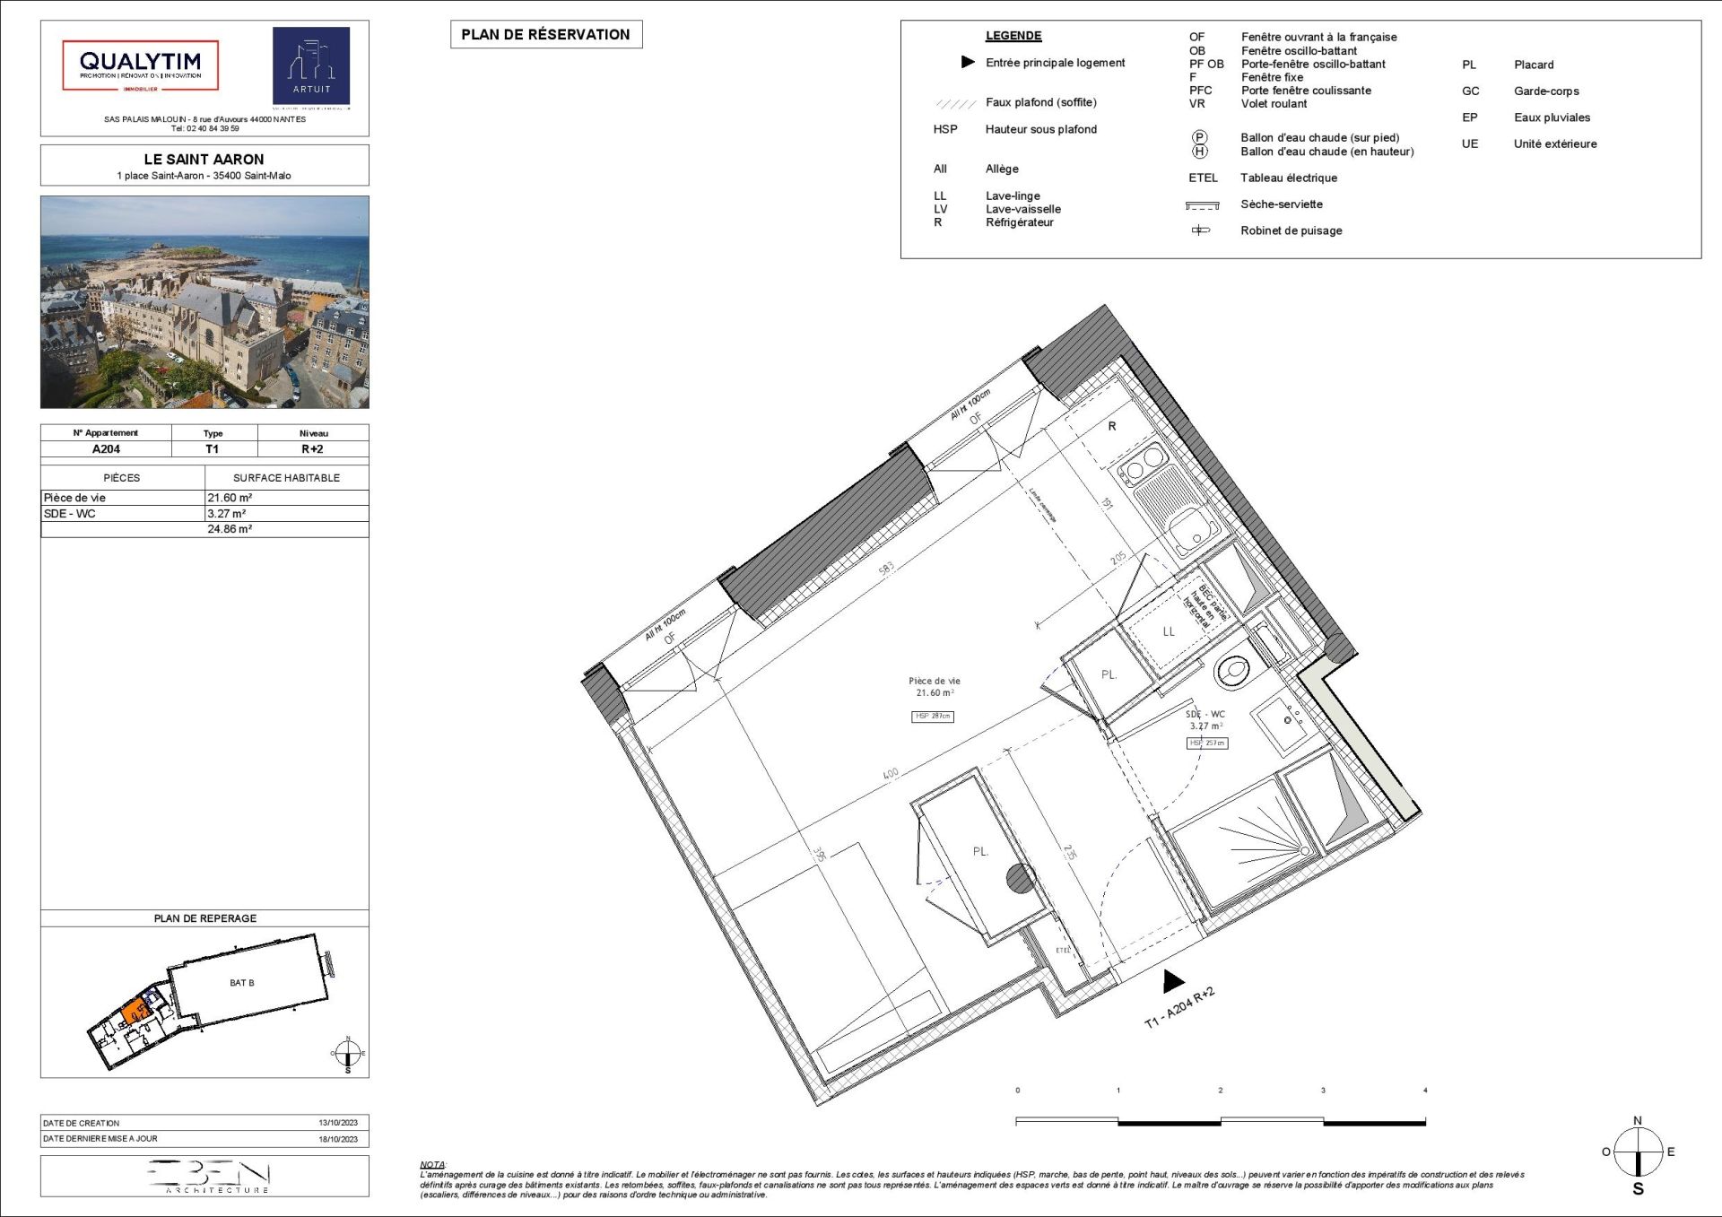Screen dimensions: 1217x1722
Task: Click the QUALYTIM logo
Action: [x=140, y=65]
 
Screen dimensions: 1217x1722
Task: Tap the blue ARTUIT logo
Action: [x=311, y=65]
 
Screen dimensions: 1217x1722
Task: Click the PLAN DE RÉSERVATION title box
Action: [x=545, y=35]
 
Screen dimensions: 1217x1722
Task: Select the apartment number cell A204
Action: [x=106, y=449]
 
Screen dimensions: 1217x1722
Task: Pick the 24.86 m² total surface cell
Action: [x=230, y=529]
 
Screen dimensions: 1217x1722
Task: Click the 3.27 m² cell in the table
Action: [x=226, y=514]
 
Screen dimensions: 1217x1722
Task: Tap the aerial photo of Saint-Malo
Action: [x=204, y=302]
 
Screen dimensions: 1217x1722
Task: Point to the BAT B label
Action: [x=242, y=983]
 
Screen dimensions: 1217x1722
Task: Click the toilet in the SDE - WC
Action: [x=1234, y=669]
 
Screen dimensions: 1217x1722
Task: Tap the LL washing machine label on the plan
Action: [x=1169, y=631]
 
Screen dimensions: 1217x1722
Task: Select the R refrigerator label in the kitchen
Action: [x=1112, y=426]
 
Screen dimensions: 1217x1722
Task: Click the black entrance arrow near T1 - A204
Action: [x=1173, y=981]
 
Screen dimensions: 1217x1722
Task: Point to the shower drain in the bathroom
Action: [x=1306, y=850]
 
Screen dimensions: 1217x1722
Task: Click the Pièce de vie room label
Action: [x=934, y=681]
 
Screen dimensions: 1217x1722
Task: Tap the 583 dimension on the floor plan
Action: [x=886, y=569]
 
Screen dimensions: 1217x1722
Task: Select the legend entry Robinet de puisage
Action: [x=1291, y=230]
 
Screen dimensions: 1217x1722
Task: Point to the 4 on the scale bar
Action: [x=1425, y=1091]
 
